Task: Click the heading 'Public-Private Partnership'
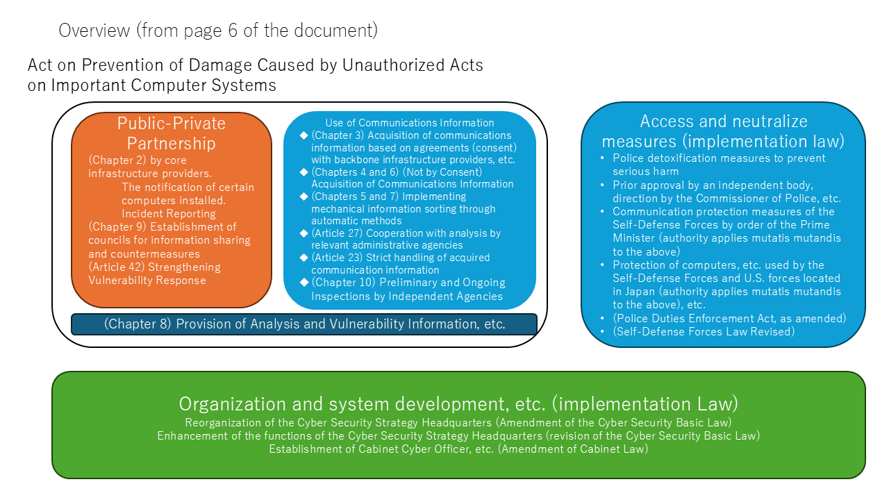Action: (x=172, y=133)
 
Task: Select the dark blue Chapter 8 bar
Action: (x=304, y=324)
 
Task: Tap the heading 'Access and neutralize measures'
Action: (x=723, y=131)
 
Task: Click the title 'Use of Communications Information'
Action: (x=410, y=123)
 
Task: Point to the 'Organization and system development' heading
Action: (x=458, y=403)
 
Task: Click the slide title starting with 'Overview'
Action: (x=218, y=31)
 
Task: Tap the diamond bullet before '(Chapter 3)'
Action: (x=304, y=135)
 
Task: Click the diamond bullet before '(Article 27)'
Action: (x=304, y=233)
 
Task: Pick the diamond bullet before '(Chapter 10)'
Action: (x=304, y=283)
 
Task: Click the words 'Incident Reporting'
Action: (x=169, y=214)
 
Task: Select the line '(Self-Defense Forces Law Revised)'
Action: (x=703, y=331)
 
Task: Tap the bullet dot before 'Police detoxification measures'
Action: (x=603, y=158)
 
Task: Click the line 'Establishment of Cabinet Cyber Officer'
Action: (x=458, y=449)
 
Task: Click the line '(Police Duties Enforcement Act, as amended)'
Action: (x=729, y=318)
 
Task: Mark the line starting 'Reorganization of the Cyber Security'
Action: (x=458, y=422)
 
